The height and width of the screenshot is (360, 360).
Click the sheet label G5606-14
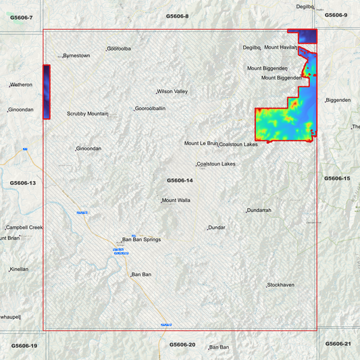(x=180, y=180)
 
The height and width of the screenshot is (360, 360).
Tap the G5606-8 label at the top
(x=178, y=16)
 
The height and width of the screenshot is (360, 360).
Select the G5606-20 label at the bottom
(x=182, y=344)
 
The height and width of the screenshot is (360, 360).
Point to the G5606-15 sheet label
(x=337, y=178)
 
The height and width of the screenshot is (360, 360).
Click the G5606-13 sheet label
(x=23, y=183)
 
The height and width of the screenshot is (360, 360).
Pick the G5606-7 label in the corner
(x=22, y=18)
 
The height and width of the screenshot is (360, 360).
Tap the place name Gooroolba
(x=119, y=49)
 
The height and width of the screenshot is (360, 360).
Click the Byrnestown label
(x=76, y=55)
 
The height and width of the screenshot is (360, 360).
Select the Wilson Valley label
(x=172, y=91)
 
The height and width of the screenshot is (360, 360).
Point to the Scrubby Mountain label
(x=88, y=113)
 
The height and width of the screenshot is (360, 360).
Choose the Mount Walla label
(x=176, y=201)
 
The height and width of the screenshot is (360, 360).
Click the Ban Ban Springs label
(x=141, y=239)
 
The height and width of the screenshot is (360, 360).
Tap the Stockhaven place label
(x=281, y=285)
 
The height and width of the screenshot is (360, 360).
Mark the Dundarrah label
(x=259, y=211)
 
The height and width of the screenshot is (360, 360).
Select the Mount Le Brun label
(x=201, y=143)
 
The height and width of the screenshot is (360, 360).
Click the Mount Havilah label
(x=280, y=47)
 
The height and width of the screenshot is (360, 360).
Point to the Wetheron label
(x=21, y=85)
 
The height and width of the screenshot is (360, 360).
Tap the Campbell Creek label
(x=24, y=228)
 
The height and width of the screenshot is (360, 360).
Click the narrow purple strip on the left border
(x=46, y=92)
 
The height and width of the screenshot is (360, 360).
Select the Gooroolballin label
(x=151, y=108)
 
